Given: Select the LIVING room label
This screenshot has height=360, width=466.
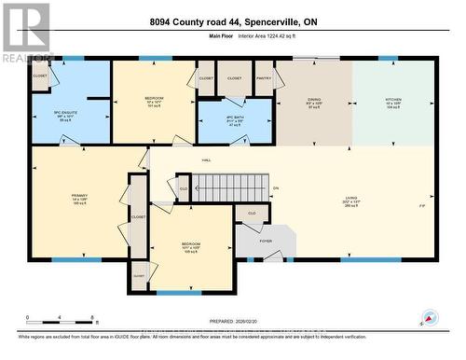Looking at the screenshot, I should tap(350, 197).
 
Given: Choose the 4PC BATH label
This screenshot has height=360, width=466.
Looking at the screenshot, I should tap(235, 118).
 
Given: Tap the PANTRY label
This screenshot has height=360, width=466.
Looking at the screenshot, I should tap(264, 78).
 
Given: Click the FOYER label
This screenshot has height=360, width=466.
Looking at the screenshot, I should tap(266, 240).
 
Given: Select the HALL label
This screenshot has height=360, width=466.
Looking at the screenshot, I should tap(207, 160).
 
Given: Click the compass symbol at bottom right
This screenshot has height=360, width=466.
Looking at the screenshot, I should tap(428, 318).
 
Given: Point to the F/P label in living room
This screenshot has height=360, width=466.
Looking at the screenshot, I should tap(422, 206).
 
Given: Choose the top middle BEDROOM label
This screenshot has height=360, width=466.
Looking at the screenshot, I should tap(154, 97).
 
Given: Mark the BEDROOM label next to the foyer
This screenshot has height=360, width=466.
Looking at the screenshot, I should tap(190, 244).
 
